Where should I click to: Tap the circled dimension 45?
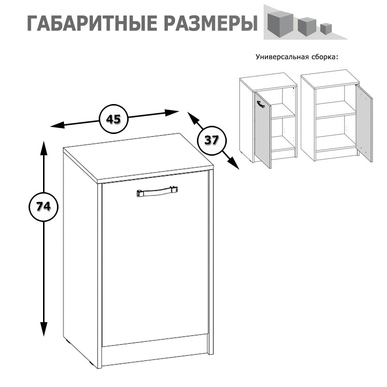tap(113, 119)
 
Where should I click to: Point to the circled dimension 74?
tap(44, 207)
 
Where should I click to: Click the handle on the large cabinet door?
tap(157, 192)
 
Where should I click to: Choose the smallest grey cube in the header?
tap(325, 29)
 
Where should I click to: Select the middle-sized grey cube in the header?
tap(306, 26)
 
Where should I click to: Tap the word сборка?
tap(325, 57)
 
